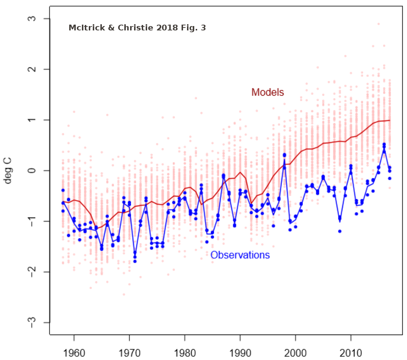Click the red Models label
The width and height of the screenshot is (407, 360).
coord(267,92)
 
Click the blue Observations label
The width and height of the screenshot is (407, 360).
coord(240,255)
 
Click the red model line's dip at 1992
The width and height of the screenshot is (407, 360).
coord(251,204)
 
